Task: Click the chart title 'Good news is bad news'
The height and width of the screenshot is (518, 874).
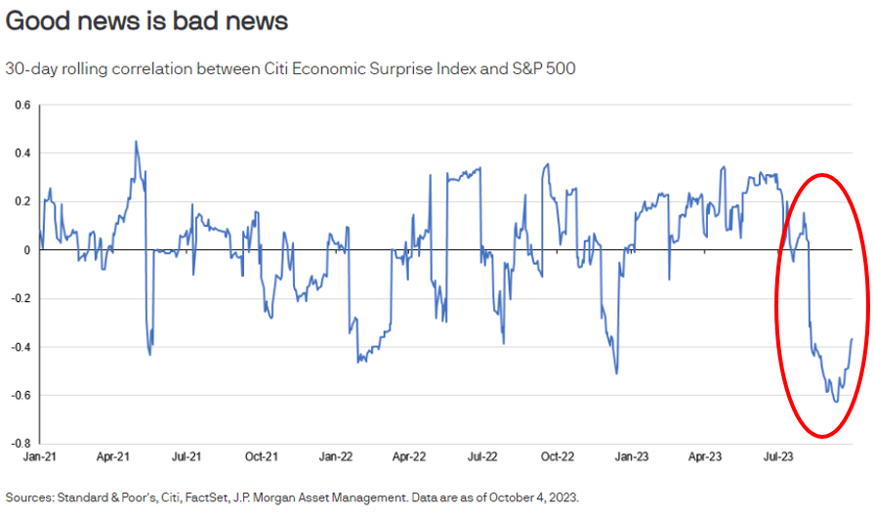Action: click(146, 20)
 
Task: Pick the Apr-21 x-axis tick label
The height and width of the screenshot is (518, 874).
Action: click(113, 456)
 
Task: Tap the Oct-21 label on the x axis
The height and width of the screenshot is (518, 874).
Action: click(261, 456)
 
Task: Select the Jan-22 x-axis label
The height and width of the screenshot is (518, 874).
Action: click(335, 456)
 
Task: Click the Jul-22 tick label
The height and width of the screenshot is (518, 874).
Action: click(482, 456)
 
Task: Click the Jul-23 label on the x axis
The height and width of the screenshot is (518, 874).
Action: click(777, 456)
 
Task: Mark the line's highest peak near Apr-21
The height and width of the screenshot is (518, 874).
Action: click(136, 141)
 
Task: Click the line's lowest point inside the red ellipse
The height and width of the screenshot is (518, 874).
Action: click(836, 402)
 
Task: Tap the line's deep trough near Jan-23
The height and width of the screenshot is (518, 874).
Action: click(616, 373)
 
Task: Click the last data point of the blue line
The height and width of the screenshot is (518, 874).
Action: click(853, 338)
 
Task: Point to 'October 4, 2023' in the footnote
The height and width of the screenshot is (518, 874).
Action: click(530, 496)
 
